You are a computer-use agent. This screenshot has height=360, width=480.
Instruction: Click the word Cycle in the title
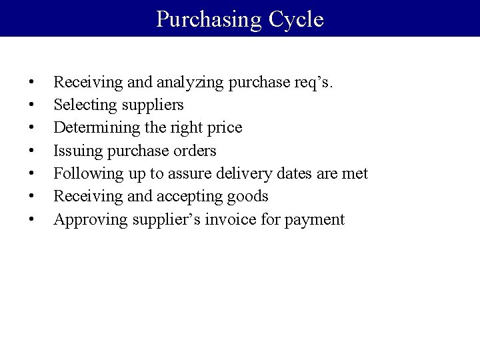click(x=296, y=19)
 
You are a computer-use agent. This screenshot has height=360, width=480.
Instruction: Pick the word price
click(x=223, y=128)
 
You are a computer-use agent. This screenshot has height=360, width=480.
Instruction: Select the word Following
click(x=83, y=173)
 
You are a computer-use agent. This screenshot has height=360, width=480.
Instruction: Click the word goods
click(x=247, y=196)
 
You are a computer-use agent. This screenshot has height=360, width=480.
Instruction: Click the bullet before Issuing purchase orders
click(x=32, y=151)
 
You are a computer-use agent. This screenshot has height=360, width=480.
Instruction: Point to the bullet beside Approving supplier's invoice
click(x=32, y=219)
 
